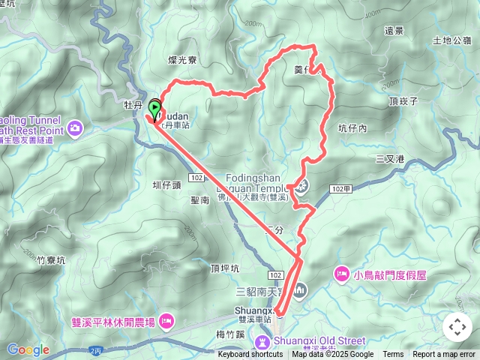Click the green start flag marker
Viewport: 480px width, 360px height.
pyautogui.click(x=155, y=109)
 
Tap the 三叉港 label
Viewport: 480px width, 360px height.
pyautogui.click(x=390, y=159)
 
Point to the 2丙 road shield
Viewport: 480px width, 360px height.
pyautogui.click(x=94, y=350)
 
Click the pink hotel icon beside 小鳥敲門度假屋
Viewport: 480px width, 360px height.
pyautogui.click(x=341, y=274)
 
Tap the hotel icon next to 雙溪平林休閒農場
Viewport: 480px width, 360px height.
pyautogui.click(x=166, y=322)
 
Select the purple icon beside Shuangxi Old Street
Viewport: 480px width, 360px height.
pyautogui.click(x=262, y=342)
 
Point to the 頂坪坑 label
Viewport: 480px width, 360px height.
pyautogui.click(x=225, y=268)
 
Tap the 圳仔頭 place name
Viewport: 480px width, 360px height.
pyautogui.click(x=166, y=184)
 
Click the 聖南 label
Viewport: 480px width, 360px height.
pyautogui.click(x=200, y=200)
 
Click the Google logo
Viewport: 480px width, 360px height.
pyautogui.click(x=28, y=349)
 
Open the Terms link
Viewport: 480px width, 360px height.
pyautogui.click(x=393, y=355)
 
